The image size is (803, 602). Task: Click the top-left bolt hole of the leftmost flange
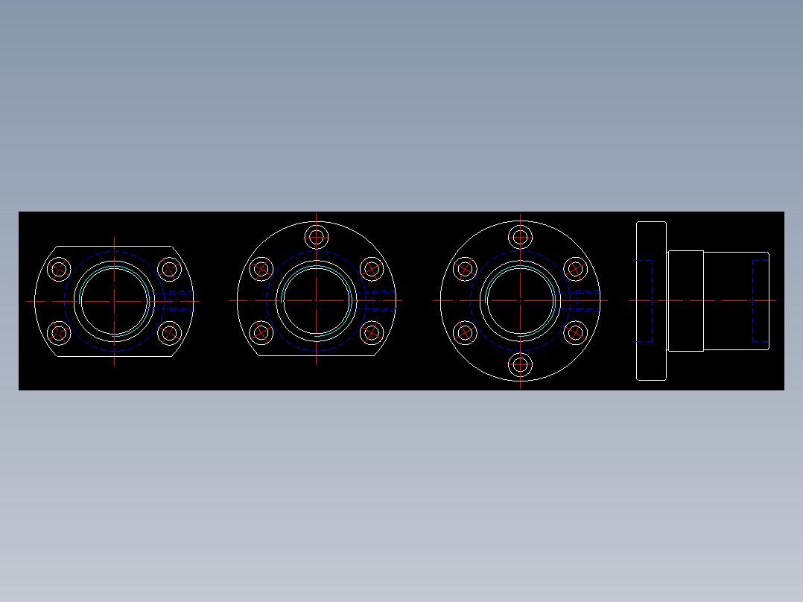[59, 269]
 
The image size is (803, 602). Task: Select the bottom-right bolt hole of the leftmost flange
[170, 332]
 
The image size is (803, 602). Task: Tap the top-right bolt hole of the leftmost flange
[170, 269]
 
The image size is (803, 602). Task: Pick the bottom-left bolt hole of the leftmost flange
[59, 332]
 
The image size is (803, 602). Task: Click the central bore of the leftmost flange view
[114, 301]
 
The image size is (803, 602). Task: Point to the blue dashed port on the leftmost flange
[177, 301]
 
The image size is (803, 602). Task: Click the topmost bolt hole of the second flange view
[317, 238]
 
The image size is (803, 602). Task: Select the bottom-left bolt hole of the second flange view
[261, 332]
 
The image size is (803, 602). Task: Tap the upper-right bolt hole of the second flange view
[371, 269]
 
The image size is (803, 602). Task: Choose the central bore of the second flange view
[317, 301]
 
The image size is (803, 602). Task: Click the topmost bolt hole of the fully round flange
[520, 238]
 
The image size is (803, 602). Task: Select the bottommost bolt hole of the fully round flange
[520, 365]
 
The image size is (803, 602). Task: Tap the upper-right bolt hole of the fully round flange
[575, 269]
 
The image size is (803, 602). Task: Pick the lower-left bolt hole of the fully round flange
[465, 332]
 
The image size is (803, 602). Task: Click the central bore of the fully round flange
[520, 301]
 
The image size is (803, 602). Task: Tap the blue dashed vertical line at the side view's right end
[753, 300]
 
